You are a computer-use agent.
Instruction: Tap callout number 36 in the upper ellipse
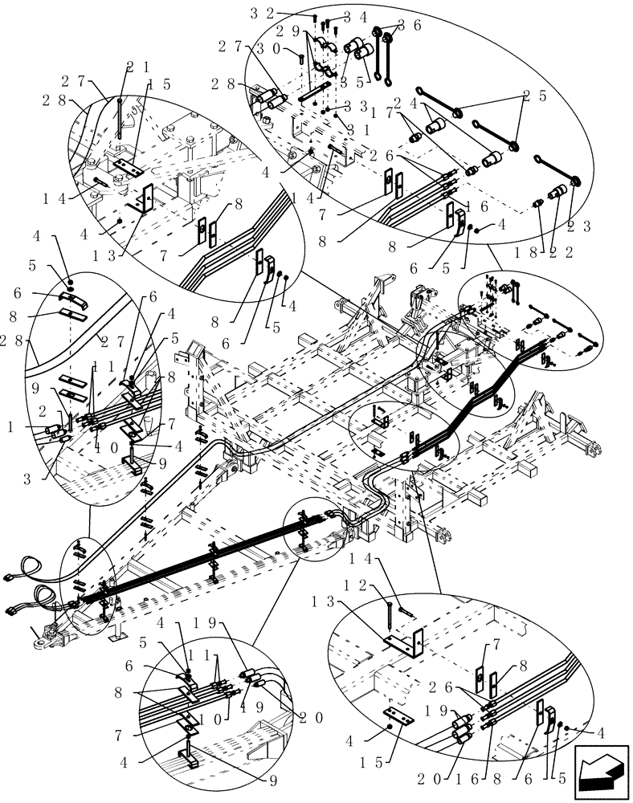coord(410,25)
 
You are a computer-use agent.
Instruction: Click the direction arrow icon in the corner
coord(599,773)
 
